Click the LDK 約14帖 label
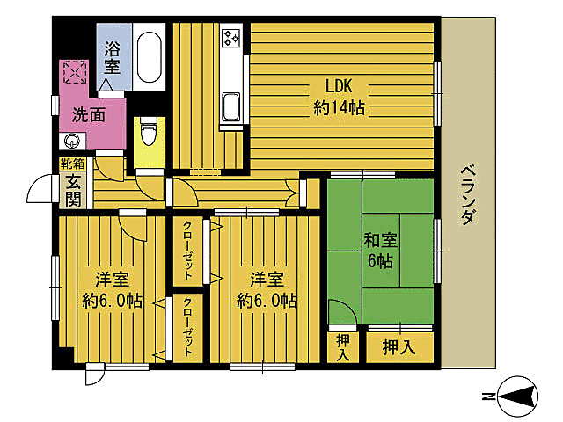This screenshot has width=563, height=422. click(339, 98)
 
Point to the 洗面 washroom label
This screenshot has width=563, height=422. click(89, 113)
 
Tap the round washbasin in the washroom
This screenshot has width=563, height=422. click(71, 141)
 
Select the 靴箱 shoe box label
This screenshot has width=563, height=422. click(72, 164)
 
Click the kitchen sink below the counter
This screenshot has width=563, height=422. click(231, 107)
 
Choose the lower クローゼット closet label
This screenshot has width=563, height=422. click(188, 328)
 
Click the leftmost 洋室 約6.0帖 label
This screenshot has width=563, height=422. click(112, 289)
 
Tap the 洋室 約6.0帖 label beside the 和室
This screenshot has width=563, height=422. click(266, 289)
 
